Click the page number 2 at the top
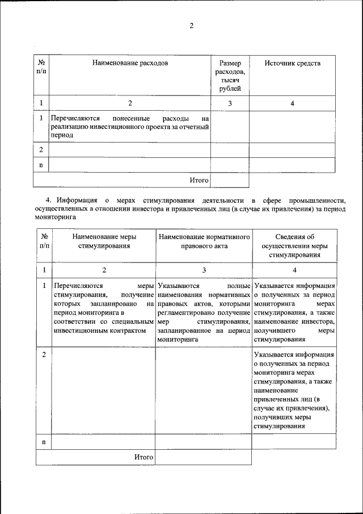click(192, 26)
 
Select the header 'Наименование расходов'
click(130, 63)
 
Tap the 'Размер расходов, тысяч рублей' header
click(230, 76)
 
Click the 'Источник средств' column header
click(292, 63)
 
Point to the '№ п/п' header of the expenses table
click(41, 67)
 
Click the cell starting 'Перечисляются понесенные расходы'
click(130, 127)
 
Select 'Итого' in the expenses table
click(199, 179)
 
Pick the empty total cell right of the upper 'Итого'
click(230, 179)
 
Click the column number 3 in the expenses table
click(230, 103)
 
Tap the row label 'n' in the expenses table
click(41, 164)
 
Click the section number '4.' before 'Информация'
click(49, 200)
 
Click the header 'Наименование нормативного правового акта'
click(203, 241)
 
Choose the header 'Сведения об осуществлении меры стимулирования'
click(294, 246)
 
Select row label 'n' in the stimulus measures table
click(44, 441)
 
